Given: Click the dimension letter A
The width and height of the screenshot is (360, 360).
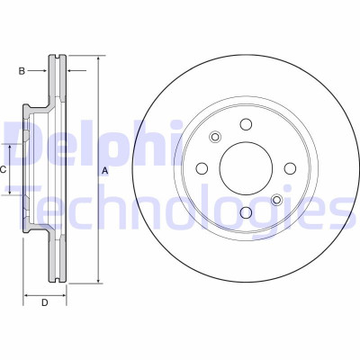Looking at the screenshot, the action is click(x=104, y=171).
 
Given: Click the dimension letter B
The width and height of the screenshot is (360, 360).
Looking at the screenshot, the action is click(x=22, y=71).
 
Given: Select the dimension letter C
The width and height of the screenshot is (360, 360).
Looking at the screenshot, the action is click(x=3, y=170).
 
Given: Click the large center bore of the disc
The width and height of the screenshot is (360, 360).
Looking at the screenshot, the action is click(x=246, y=168).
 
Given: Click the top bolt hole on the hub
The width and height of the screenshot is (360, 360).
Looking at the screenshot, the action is click(x=246, y=124).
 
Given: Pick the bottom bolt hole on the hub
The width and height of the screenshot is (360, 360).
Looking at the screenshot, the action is click(x=246, y=212).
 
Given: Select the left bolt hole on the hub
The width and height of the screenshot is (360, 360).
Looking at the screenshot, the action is click(x=202, y=168).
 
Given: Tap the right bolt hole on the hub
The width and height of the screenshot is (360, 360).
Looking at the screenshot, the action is click(x=290, y=168).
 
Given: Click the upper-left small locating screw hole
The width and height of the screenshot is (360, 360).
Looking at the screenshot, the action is click(x=215, y=137).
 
